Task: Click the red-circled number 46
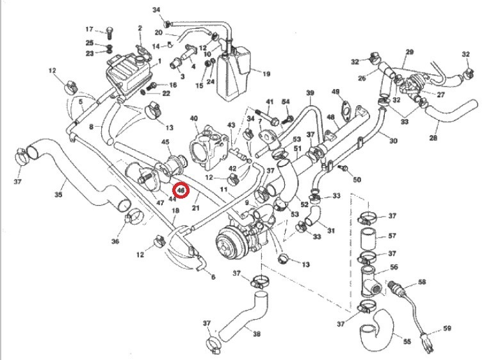click(x=181, y=190)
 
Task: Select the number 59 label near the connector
click(x=448, y=329)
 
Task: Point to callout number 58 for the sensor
click(x=422, y=282)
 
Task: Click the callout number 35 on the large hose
click(x=60, y=194)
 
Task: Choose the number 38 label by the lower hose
click(x=257, y=334)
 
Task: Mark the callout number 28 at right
click(x=434, y=138)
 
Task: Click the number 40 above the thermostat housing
click(x=194, y=119)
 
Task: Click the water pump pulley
click(x=227, y=244)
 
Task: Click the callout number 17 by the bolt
click(x=90, y=29)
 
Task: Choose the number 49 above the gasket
click(x=336, y=92)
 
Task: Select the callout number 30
click(x=393, y=141)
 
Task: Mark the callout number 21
click(x=196, y=208)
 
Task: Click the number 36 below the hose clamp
click(x=116, y=241)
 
